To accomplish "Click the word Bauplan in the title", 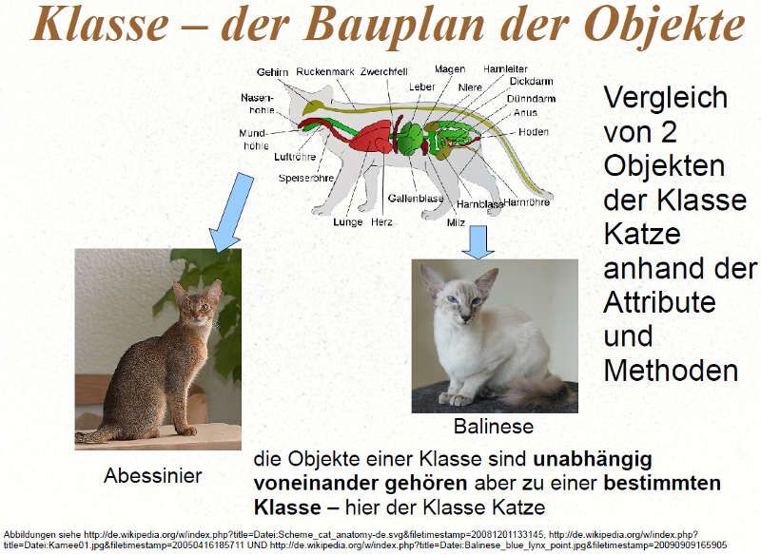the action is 394,26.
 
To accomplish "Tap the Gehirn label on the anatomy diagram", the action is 272,72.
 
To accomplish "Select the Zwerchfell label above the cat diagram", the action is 384,71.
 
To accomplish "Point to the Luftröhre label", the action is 295,157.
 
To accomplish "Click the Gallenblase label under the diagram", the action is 416,199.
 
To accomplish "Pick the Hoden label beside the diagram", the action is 534,132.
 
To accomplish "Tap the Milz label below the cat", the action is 456,222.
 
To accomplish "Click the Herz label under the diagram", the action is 381,222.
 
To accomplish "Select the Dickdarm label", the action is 531,82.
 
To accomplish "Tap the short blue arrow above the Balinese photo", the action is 478,241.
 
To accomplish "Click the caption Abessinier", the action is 153,475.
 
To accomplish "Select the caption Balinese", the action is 494,427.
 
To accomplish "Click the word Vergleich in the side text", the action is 665,98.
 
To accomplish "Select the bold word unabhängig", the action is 592,460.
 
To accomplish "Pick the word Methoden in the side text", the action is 671,371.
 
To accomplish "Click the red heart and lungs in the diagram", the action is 370,137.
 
